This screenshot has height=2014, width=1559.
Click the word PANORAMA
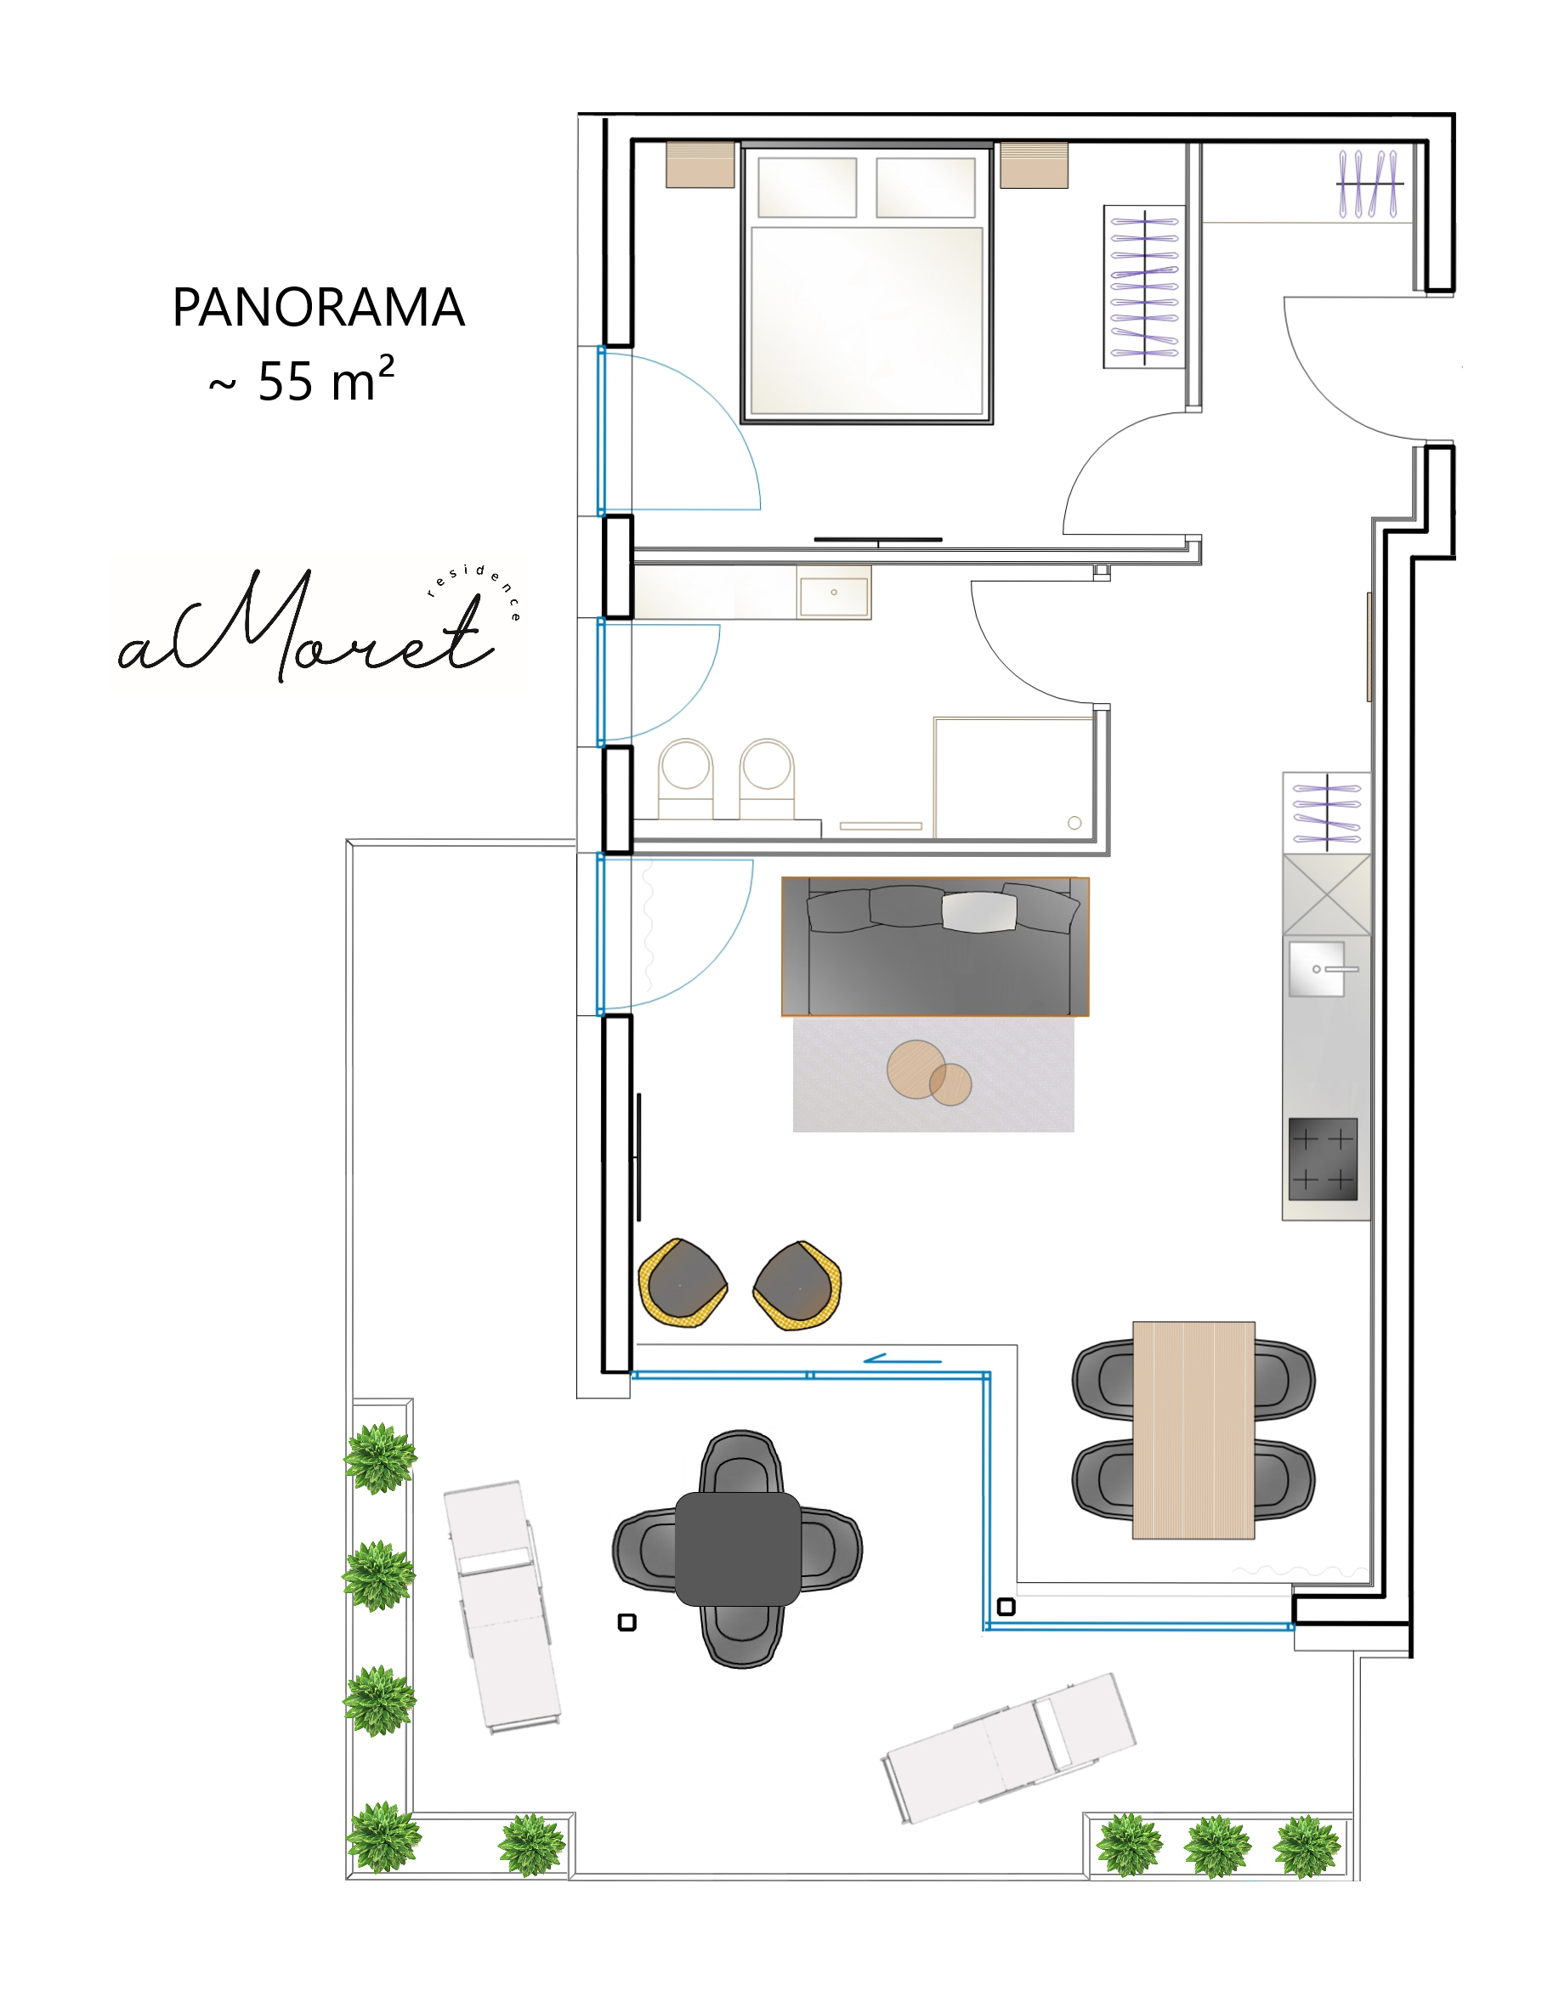tap(318, 307)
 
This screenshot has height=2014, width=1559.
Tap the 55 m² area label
tap(302, 379)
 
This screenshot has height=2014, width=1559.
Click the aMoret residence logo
tap(318, 625)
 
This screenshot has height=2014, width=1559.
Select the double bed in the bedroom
tap(866, 283)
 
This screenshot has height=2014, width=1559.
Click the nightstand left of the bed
tap(700, 165)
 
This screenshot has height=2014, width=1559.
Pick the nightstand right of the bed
tap(1034, 165)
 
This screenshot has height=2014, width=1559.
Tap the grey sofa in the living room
tap(935, 946)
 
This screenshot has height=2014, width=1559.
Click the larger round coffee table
tap(916, 1069)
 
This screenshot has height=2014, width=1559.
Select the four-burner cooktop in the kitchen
tap(1323, 1159)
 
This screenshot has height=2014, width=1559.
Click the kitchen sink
tap(1317, 968)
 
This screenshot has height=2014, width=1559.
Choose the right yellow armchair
tap(797, 1285)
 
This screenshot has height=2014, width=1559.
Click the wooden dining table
tap(1193, 1430)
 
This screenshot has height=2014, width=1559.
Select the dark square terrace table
tap(738, 1549)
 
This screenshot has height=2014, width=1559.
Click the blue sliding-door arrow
tap(903, 1359)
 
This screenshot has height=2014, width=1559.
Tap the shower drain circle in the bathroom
tap(1074, 823)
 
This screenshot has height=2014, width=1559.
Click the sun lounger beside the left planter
tap(502, 1608)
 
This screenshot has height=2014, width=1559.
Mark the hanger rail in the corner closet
tap(1370, 184)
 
